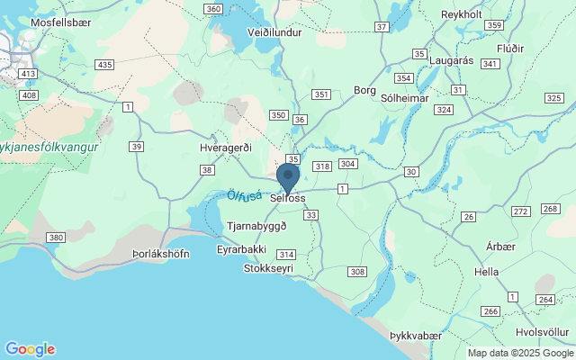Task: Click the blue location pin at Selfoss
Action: tap(288, 176)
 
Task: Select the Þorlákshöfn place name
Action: tap(160, 254)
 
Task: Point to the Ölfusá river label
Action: tap(244, 195)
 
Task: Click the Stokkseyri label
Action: tap(269, 268)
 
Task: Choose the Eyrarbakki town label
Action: tap(242, 249)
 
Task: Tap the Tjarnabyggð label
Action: tap(257, 226)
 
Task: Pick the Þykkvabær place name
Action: tap(416, 336)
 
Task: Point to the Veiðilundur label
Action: tap(274, 30)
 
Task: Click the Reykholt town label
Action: tap(463, 14)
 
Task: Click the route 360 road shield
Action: tap(213, 9)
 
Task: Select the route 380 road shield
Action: tap(56, 238)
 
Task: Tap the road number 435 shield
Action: tap(105, 65)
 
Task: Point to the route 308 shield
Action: tap(357, 272)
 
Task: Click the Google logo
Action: tap(30, 349)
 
